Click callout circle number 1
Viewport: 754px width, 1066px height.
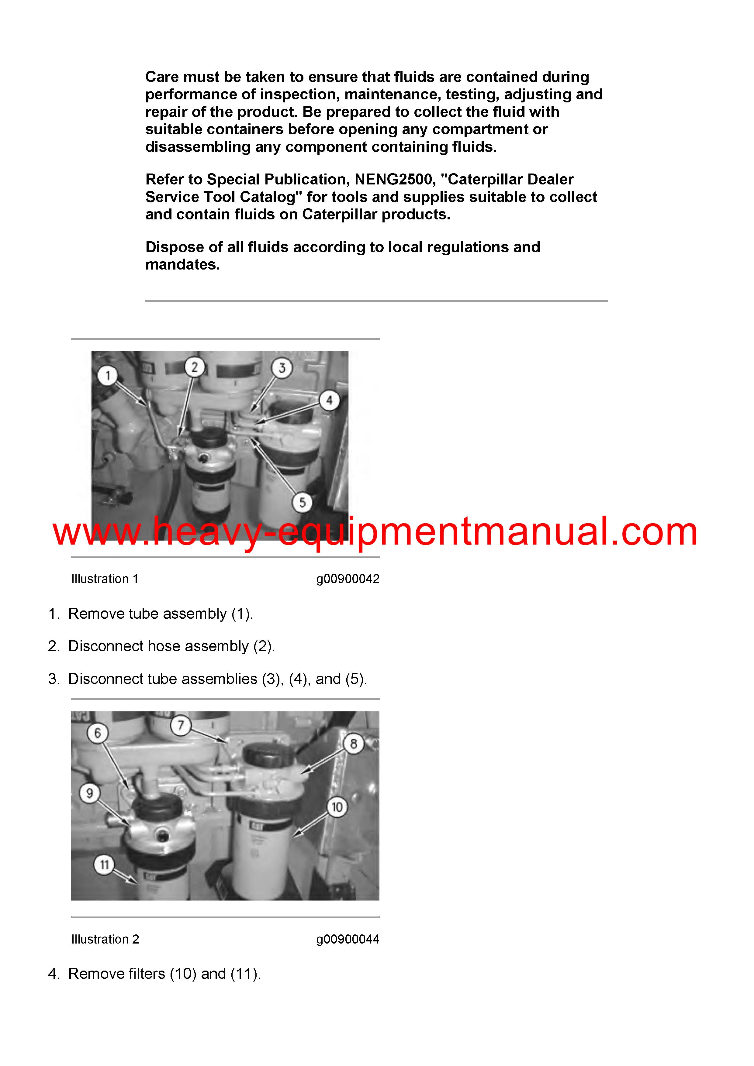(x=108, y=375)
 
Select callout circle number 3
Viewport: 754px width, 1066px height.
(x=282, y=368)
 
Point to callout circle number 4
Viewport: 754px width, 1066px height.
(x=329, y=400)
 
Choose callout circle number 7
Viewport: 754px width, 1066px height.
(x=181, y=725)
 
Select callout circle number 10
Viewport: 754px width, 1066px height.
(x=337, y=807)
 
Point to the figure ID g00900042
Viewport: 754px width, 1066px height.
(x=348, y=579)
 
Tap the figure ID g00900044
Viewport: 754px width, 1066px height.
(x=348, y=939)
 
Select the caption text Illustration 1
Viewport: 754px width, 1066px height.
(x=105, y=579)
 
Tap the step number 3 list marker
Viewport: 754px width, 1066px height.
(x=54, y=679)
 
